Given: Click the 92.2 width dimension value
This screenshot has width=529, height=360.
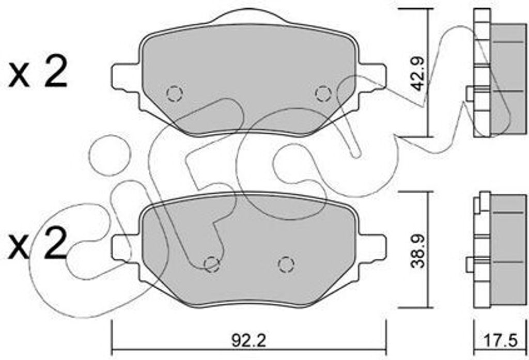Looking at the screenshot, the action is (x=248, y=341).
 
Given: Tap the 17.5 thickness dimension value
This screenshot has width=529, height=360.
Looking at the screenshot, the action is (x=500, y=341).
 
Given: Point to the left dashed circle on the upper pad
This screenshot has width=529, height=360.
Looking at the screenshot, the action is (x=175, y=94).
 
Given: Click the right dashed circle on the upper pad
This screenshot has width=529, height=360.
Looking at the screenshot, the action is (x=323, y=93).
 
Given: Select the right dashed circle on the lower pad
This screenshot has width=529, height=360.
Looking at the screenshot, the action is (x=286, y=264).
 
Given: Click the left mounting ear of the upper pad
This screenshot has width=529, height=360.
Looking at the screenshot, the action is (x=126, y=76).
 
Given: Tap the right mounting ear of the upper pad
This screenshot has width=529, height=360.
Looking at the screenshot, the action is (x=372, y=76).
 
